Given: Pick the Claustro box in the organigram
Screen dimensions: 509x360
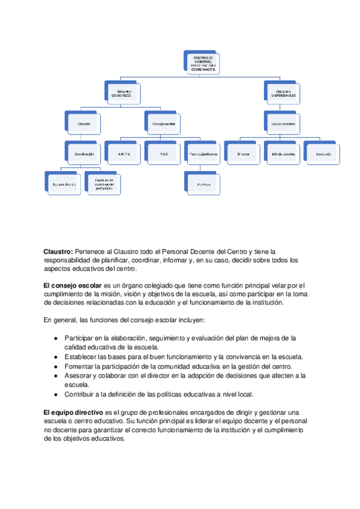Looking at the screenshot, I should pos(84,124).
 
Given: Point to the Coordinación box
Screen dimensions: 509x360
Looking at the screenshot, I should pos(84,154).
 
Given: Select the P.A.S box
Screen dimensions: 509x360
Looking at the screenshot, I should pos(163,154).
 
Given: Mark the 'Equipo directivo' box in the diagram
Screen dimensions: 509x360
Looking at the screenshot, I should pos(283,124).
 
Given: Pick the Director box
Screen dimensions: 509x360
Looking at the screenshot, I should pos(243,154).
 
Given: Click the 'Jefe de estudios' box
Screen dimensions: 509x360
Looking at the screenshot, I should pos(283,154).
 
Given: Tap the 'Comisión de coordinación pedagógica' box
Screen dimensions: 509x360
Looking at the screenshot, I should pos(104,184).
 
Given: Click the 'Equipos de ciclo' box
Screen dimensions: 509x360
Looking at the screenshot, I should pos(64,184).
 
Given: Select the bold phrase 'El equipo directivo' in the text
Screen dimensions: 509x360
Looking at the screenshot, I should pos(68,412).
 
